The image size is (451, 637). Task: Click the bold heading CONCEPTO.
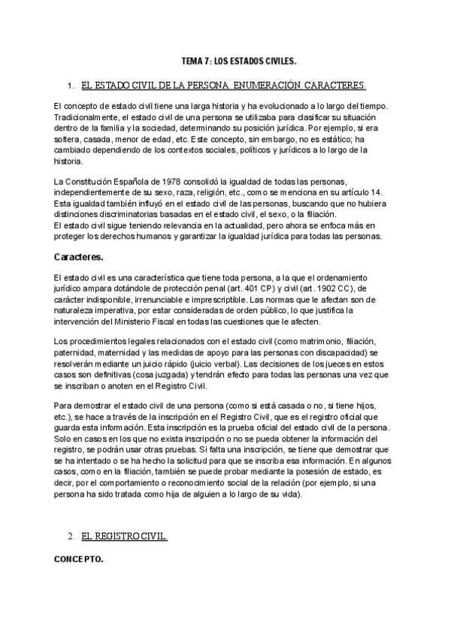(x=79, y=560)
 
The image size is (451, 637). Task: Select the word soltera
(x=69, y=139)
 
